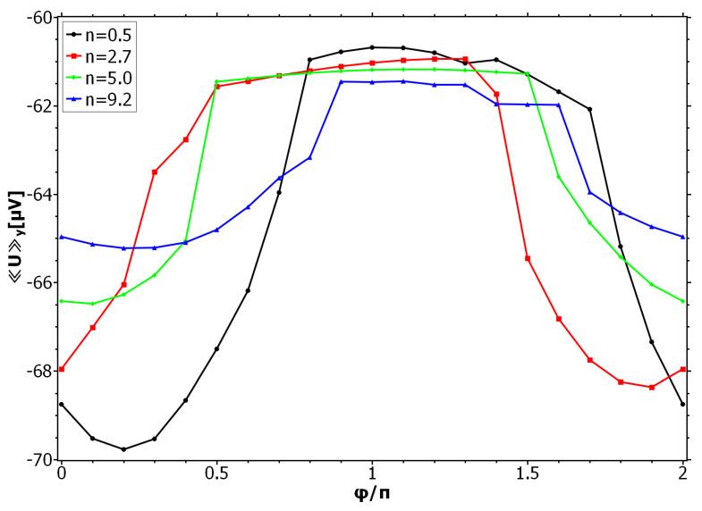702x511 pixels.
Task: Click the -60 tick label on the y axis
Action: tap(39, 18)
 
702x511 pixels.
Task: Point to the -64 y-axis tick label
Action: tap(39, 195)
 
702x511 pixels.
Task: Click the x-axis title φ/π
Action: tap(371, 494)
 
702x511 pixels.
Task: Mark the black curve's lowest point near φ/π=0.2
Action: tap(123, 449)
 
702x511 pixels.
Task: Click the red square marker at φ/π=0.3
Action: tap(155, 172)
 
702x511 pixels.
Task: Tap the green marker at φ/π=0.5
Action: tap(216, 81)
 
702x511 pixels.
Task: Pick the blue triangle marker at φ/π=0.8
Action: tap(310, 158)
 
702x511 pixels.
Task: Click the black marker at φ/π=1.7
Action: tap(590, 109)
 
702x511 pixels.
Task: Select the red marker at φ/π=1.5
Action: tap(528, 259)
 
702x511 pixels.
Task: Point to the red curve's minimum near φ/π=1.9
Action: tap(652, 388)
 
